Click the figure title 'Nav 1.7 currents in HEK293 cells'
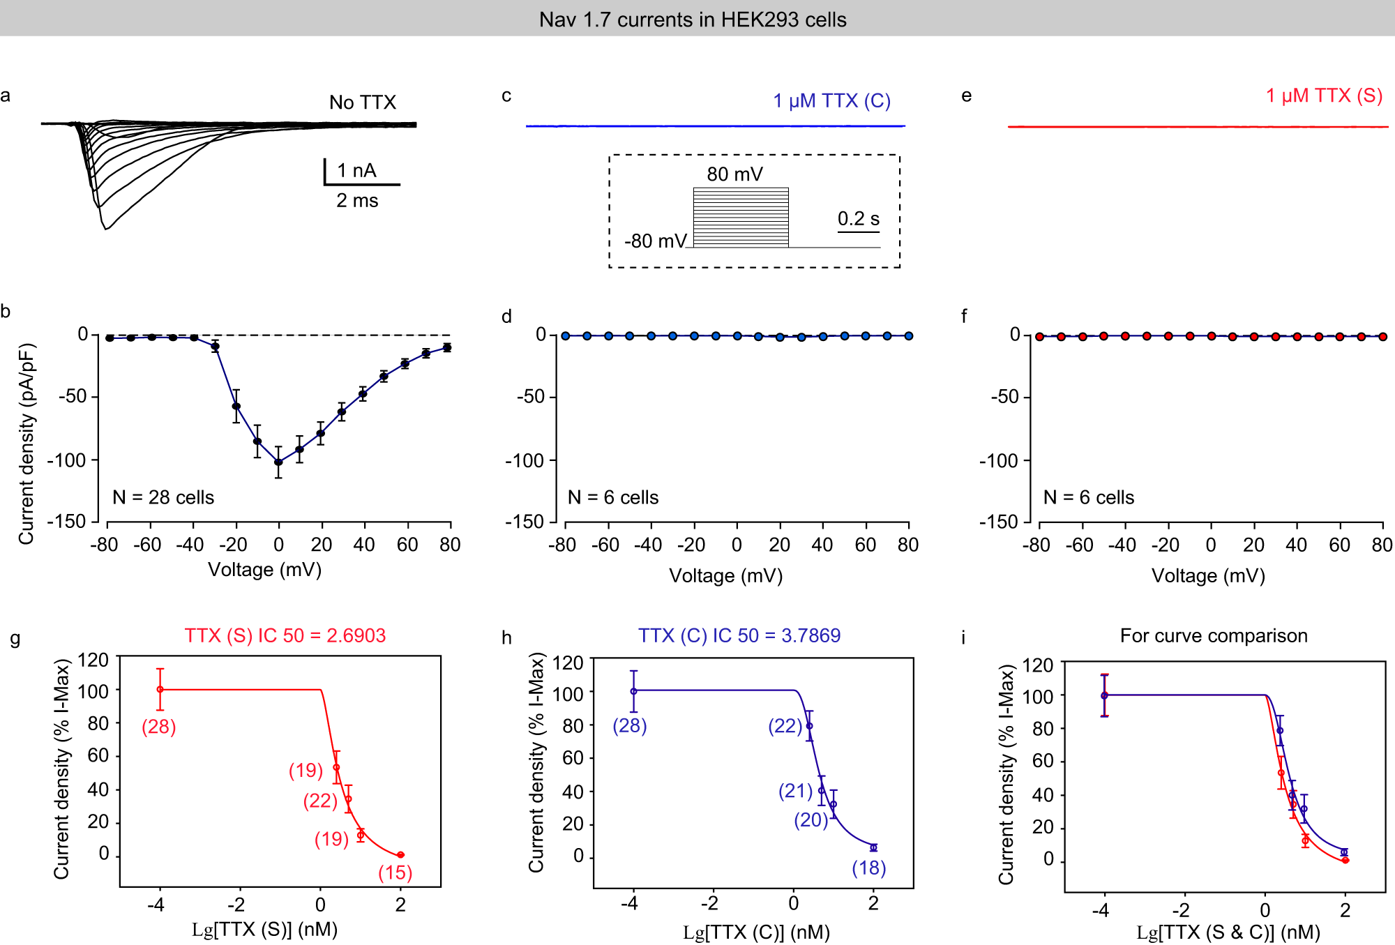[692, 20]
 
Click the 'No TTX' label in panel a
[362, 103]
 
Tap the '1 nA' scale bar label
[356, 170]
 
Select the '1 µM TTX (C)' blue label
[831, 101]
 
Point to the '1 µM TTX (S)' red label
[1324, 96]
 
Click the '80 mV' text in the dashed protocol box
[734, 174]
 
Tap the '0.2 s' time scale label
[858, 219]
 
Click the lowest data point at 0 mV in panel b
[278, 462]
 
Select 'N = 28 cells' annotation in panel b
[163, 497]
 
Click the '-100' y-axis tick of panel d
[524, 460]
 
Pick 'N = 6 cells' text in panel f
[1088, 497]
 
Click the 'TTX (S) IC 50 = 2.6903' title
[285, 635]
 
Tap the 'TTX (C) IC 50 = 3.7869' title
[739, 635]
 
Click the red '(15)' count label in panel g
[395, 872]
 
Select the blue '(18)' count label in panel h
[868, 868]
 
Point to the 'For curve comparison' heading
[1213, 635]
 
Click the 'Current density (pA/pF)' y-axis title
[27, 444]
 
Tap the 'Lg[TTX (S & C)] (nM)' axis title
[1228, 932]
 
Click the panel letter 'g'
[15, 638]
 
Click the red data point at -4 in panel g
[160, 689]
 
